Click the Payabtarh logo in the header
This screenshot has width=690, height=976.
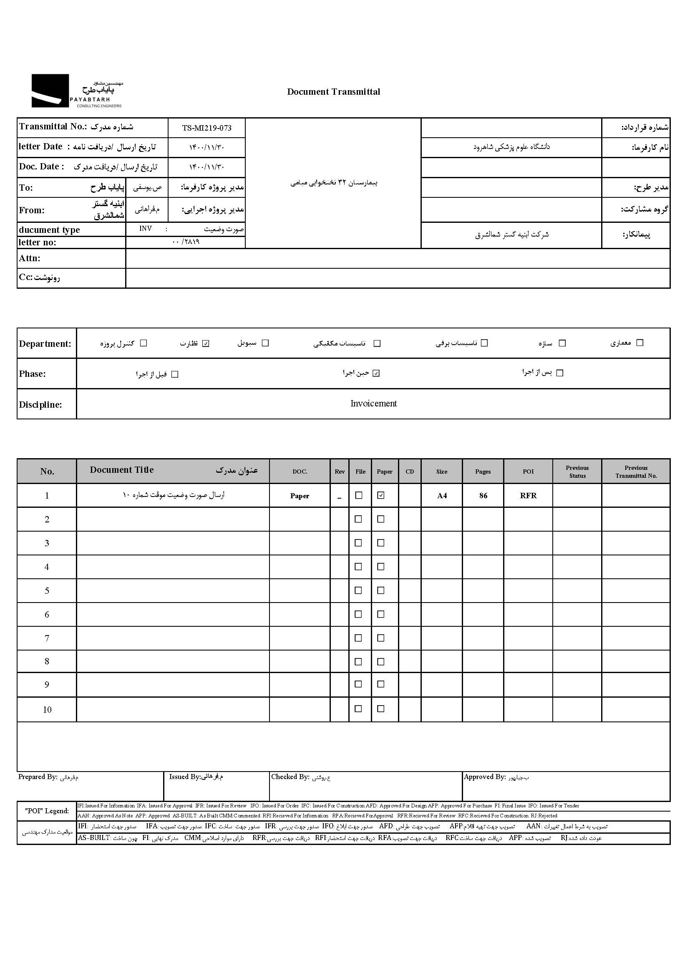coord(76,91)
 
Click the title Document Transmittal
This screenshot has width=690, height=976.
coord(334,92)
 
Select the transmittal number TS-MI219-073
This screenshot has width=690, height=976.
coord(206,128)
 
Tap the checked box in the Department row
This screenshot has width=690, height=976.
coord(206,343)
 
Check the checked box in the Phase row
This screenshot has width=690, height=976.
coord(376,373)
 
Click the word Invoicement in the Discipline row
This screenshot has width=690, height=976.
coord(373,404)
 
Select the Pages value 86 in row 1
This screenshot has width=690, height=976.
coord(483,496)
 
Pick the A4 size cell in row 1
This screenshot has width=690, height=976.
coord(442,496)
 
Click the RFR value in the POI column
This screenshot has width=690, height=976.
coord(528,496)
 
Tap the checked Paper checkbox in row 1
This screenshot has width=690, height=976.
coord(381,495)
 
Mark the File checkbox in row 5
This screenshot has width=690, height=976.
coord(358,590)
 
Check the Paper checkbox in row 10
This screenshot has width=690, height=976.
coord(381,709)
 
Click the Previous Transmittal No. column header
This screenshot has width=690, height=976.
coord(636,472)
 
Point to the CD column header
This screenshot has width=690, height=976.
coord(410,472)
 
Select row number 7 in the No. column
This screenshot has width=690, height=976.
coord(47,638)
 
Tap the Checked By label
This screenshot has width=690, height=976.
coord(290,777)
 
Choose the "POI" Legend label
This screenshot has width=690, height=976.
coord(47,811)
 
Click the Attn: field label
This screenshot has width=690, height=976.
coord(29,258)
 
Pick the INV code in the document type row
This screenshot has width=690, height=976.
coord(145,229)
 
